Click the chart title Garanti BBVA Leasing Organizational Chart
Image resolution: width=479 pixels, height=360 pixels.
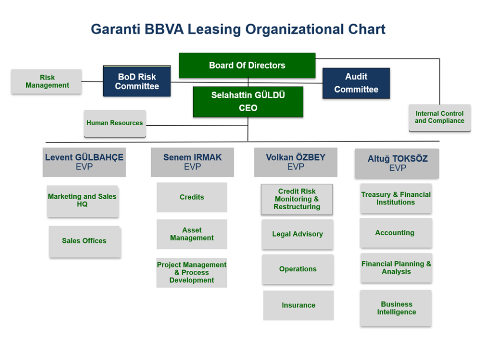click(x=238, y=29)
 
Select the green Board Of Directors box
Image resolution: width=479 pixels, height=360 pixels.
click(x=247, y=65)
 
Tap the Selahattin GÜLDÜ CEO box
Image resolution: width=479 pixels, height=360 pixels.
click(x=248, y=101)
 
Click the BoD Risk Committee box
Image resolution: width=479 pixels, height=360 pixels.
click(x=137, y=81)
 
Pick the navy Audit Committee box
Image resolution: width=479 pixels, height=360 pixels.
click(x=356, y=83)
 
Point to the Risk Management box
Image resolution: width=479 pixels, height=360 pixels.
click(x=47, y=81)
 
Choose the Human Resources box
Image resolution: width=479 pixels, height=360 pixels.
click(x=115, y=123)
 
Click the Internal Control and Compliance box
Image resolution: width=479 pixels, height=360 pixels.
click(x=439, y=117)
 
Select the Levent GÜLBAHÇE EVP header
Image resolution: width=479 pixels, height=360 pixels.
click(x=84, y=162)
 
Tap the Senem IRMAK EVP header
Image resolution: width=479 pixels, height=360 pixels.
click(x=192, y=162)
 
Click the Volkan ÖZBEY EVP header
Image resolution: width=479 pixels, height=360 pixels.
click(x=295, y=162)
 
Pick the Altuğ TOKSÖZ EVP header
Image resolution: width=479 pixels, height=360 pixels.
click(x=397, y=163)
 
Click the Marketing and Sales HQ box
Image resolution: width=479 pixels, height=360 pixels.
click(x=83, y=201)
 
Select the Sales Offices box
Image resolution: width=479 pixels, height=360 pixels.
click(x=85, y=241)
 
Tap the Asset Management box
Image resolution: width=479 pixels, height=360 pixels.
click(x=192, y=234)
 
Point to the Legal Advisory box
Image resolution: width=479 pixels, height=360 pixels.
click(x=297, y=234)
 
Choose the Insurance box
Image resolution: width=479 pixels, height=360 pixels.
click(x=298, y=305)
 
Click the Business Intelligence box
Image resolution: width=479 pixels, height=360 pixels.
click(x=396, y=308)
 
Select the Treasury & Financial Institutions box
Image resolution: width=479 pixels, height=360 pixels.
click(x=395, y=198)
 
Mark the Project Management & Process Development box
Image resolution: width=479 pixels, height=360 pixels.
click(x=192, y=272)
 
